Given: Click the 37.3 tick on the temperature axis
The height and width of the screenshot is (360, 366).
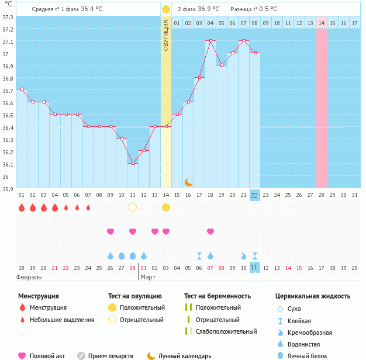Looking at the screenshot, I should [8, 17].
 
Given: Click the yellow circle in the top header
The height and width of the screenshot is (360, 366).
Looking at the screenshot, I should [166, 9].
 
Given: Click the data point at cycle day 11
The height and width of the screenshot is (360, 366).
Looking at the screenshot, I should [133, 163].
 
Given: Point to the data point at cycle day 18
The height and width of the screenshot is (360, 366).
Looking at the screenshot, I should [210, 41].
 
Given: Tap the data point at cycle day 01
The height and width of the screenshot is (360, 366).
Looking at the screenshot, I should [21, 89].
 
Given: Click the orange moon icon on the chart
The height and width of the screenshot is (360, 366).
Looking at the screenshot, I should [188, 182].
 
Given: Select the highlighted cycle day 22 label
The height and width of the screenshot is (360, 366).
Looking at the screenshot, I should [254, 195].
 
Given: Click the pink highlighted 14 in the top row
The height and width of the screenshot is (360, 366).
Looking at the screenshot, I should [322, 23].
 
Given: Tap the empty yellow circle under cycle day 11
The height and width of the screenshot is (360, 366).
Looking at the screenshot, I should [133, 207].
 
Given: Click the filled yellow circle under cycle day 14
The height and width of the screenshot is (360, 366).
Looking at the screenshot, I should [166, 207].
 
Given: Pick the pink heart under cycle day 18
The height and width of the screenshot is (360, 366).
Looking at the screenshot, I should [210, 231].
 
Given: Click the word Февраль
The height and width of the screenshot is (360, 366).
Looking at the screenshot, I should [29, 276].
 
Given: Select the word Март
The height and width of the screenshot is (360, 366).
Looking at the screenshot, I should [148, 276].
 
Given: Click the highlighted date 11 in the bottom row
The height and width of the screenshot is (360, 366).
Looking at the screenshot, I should [254, 267].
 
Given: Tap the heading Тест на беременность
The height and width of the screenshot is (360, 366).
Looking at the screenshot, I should [217, 296].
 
